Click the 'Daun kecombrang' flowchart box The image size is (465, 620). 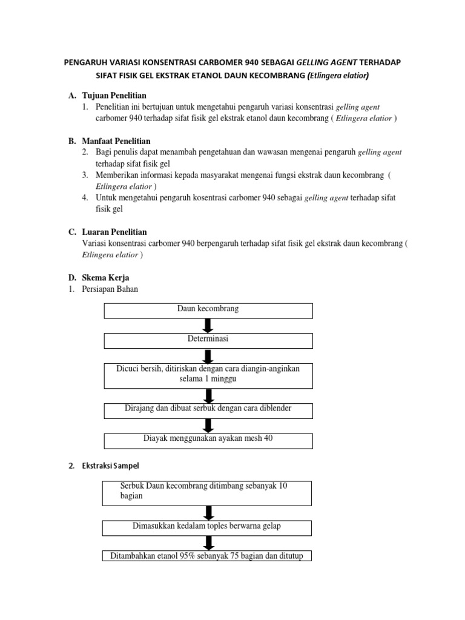[208, 310]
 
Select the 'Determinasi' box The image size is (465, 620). [208, 340]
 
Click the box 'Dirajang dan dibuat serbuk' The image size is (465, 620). [208, 410]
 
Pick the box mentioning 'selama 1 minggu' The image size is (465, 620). [208, 375]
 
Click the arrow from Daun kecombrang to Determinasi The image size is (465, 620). [208, 325]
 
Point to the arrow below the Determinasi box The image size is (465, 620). [208, 355]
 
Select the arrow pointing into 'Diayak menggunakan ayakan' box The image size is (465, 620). [208, 425]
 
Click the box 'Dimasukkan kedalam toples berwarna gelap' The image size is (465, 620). [206, 527]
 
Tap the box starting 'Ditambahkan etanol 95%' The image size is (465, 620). [206, 556]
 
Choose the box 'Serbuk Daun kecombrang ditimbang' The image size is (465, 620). [206, 492]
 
